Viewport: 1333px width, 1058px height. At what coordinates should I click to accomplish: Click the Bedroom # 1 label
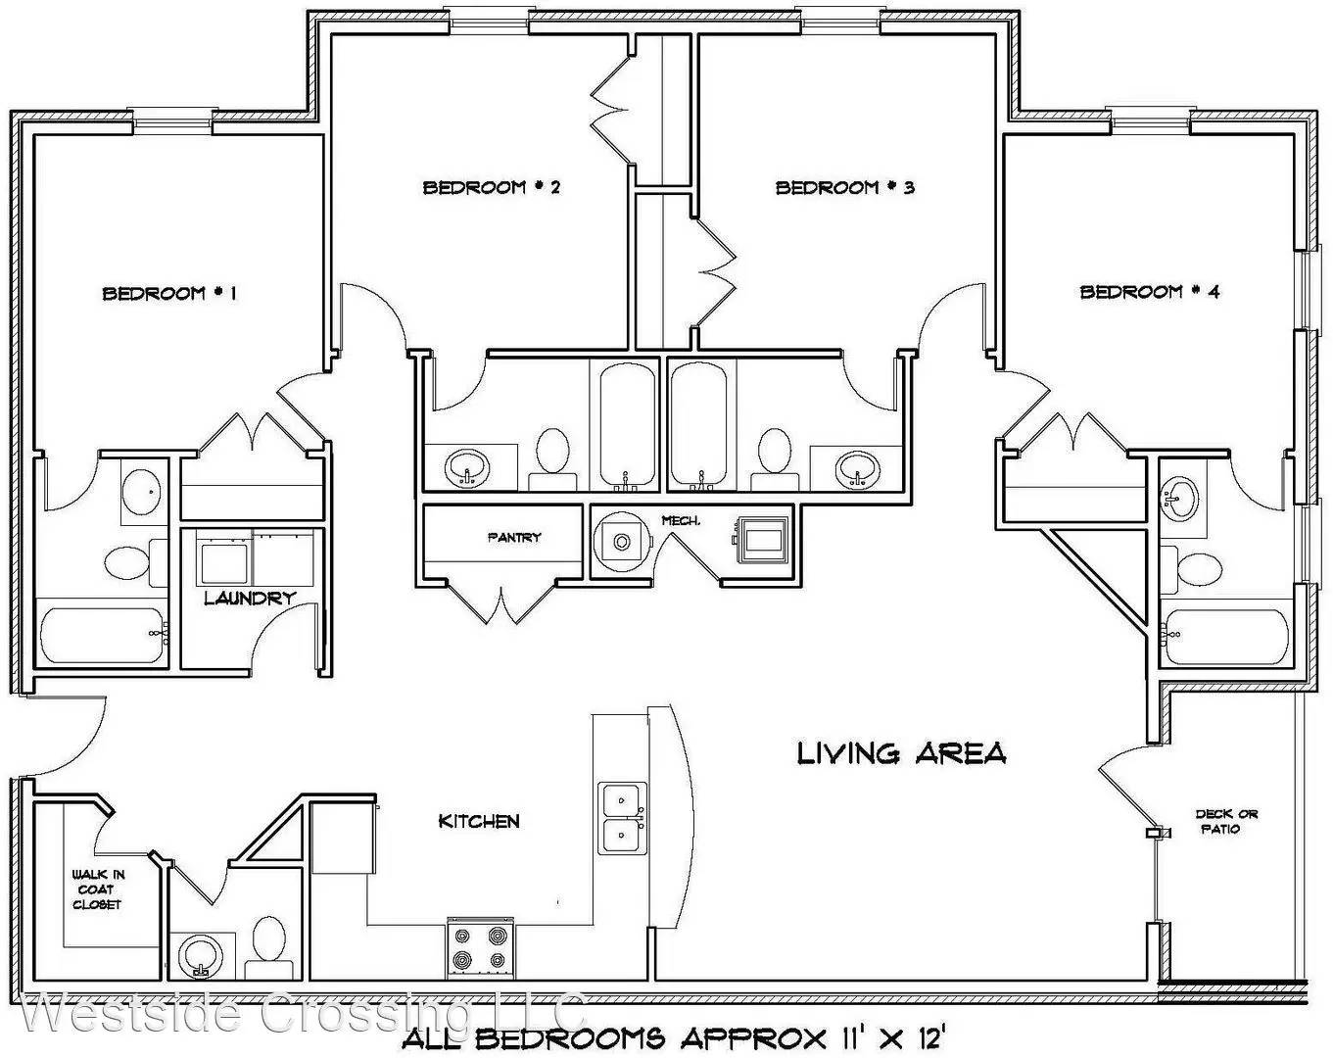(169, 293)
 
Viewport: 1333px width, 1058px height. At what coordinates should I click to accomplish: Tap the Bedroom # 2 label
(492, 186)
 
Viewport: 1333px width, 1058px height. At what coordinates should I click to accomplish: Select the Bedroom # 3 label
(845, 186)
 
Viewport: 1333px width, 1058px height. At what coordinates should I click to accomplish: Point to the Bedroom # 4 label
(1150, 291)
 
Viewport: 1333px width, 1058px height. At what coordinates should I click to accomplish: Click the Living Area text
(901, 753)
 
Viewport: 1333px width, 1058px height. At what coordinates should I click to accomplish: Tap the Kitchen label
(479, 821)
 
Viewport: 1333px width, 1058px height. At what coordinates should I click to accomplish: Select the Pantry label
(514, 538)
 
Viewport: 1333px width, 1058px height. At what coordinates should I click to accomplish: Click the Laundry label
(250, 599)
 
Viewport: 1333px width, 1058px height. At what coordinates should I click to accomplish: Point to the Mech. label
(681, 521)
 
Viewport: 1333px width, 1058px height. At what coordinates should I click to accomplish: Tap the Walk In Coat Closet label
(98, 890)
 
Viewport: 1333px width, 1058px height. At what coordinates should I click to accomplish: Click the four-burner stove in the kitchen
(480, 948)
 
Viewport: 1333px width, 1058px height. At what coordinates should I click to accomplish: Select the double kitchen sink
(622, 818)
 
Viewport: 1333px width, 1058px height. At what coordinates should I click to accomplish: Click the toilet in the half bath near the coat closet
(269, 947)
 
